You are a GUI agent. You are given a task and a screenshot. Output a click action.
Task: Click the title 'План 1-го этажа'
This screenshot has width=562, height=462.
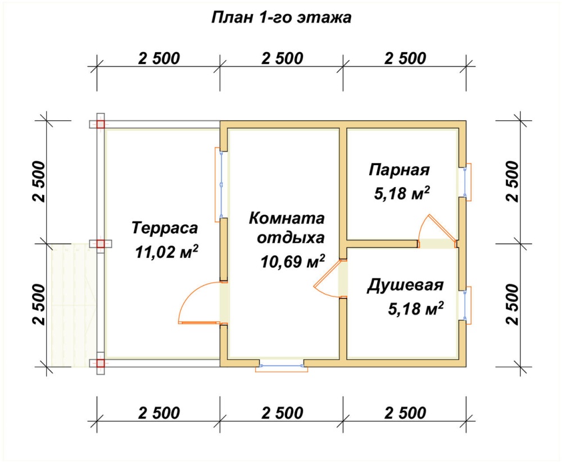tap(282, 17)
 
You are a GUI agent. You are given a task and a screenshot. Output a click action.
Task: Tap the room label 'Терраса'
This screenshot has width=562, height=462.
tap(165, 228)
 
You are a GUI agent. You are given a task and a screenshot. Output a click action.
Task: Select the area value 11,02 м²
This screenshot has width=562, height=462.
tap(167, 252)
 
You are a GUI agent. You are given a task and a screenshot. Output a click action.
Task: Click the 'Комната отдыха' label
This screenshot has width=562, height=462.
tap(287, 228)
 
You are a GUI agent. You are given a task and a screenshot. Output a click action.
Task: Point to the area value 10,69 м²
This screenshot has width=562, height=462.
tap(293, 262)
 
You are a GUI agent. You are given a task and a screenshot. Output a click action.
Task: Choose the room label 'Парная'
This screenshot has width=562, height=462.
tap(399, 170)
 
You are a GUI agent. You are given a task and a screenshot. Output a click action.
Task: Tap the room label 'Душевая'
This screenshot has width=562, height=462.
tap(405, 286)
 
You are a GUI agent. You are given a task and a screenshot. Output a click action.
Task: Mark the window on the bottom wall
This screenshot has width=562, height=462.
tap(282, 365)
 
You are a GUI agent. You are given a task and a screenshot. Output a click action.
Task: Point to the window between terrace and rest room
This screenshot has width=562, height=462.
tap(221, 184)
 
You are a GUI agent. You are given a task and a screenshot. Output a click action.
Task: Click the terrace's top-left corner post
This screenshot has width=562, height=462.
tap(101, 124)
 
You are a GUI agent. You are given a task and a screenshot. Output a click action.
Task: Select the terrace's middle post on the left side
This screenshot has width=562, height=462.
tap(101, 244)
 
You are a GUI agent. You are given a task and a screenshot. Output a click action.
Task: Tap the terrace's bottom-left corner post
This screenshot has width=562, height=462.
tap(101, 363)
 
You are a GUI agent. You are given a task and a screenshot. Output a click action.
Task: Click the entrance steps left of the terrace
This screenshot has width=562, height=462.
tap(74, 305)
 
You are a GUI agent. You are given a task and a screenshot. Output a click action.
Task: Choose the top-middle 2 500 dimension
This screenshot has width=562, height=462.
tap(282, 58)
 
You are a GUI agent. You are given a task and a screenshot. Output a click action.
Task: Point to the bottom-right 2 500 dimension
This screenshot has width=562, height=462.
tap(405, 413)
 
